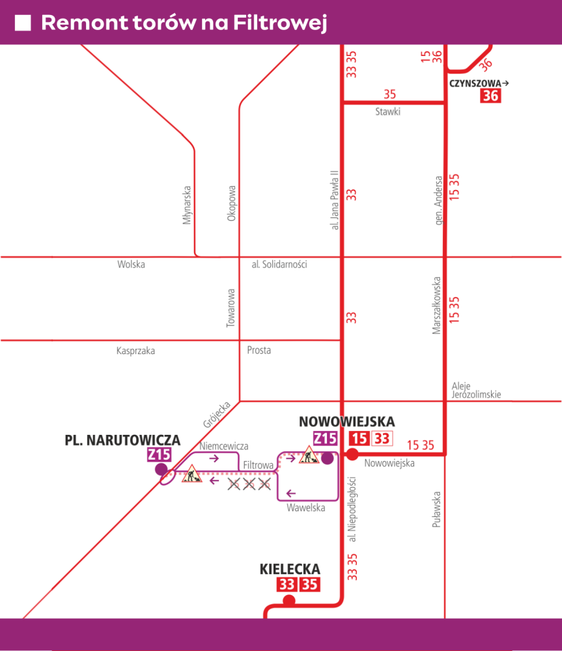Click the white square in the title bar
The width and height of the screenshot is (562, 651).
click(23, 23)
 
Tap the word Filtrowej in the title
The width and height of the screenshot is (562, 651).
click(281, 22)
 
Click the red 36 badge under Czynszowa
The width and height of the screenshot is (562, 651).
click(490, 96)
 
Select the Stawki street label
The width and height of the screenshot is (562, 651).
click(388, 111)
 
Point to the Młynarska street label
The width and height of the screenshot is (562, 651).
click(187, 205)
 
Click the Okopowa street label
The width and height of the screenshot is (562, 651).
click(231, 203)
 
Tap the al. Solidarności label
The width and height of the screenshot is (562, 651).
click(279, 264)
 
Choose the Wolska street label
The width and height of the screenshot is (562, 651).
click(132, 264)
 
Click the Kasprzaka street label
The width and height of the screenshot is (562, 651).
click(135, 351)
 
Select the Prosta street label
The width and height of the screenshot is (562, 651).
click(259, 350)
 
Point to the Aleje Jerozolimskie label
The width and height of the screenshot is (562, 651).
click(476, 390)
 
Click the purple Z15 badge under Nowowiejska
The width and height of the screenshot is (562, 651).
click(325, 438)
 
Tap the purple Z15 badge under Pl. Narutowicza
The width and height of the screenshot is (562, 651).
click(160, 454)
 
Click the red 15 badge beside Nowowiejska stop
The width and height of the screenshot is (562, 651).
click(359, 438)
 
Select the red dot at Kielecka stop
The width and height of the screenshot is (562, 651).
click(288, 601)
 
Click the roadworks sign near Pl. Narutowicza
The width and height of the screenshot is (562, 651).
click(191, 474)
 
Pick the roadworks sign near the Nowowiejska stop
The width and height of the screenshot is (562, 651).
click(309, 454)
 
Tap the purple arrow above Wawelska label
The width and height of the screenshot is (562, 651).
click(290, 493)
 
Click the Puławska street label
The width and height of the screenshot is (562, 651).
click(436, 510)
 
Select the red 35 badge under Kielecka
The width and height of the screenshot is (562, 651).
click(310, 585)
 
